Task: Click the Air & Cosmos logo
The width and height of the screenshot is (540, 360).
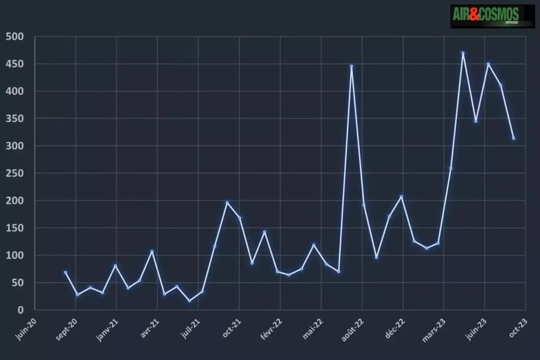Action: [x=493, y=16]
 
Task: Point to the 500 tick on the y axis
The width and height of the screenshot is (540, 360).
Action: [x=14, y=36]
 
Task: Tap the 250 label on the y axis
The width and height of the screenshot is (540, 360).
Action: [x=14, y=173]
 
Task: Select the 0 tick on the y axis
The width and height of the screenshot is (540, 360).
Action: [x=21, y=310]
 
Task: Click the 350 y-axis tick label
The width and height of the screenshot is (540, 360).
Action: [x=14, y=118]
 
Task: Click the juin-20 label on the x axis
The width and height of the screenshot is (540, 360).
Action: [x=26, y=329]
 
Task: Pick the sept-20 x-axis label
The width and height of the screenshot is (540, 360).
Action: [x=66, y=330]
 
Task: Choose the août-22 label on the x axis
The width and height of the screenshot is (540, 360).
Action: [x=352, y=330]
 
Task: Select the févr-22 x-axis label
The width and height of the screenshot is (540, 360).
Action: [x=271, y=329]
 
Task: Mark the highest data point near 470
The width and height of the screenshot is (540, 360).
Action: [x=463, y=53]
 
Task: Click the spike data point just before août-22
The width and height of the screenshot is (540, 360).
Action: [x=351, y=66]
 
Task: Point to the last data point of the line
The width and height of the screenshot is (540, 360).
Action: [x=513, y=138]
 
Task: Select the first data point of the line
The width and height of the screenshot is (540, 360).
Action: [x=66, y=273]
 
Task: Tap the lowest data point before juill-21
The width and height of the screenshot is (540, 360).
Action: [x=189, y=301]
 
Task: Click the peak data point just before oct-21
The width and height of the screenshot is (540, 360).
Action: [x=227, y=203]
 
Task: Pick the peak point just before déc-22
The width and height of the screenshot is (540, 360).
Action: [x=401, y=197]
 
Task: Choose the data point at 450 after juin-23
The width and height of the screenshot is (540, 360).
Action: [x=488, y=64]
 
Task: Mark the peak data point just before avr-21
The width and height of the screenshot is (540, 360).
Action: [x=152, y=252]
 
